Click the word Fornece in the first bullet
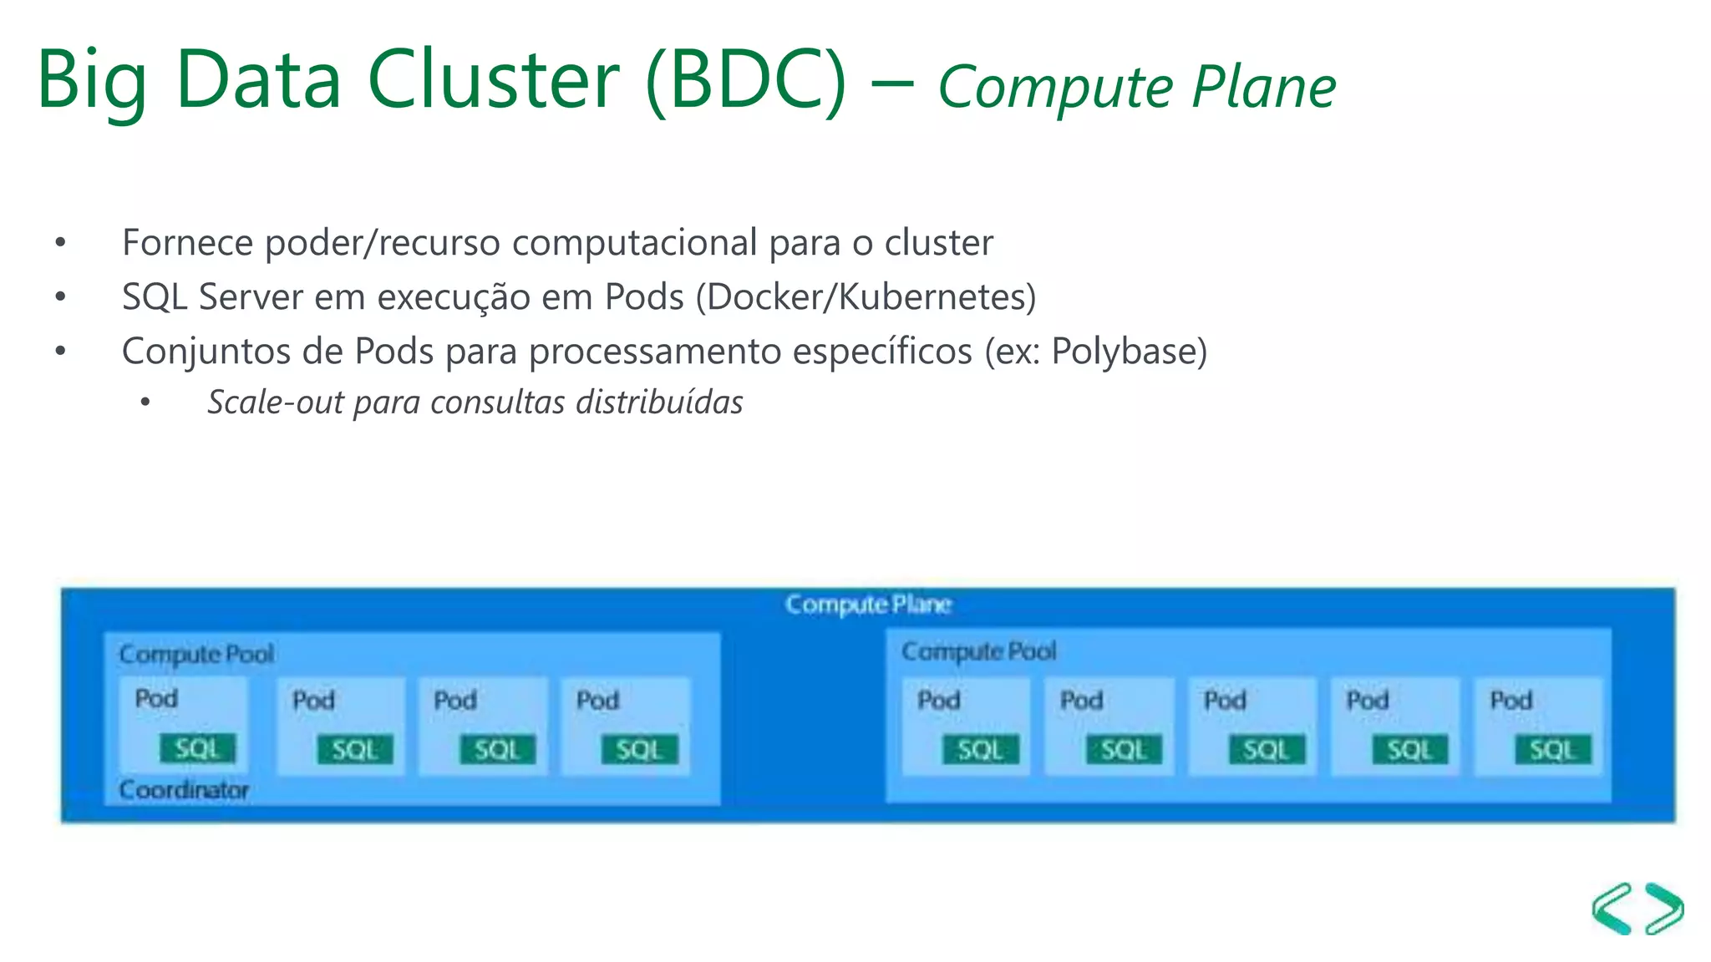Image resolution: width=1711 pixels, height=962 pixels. (187, 243)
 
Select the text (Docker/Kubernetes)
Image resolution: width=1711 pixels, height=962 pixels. (866, 297)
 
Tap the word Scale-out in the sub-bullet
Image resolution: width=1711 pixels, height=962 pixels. (275, 403)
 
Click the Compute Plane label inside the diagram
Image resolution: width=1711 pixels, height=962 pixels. (868, 604)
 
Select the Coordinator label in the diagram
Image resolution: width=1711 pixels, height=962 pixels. (184, 789)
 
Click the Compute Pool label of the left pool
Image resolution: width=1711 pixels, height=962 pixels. (196, 654)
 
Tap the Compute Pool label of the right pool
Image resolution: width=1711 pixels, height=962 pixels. (978, 651)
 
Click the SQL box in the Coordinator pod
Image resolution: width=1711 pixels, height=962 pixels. (197, 748)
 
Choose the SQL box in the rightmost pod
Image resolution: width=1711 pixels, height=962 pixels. (1552, 750)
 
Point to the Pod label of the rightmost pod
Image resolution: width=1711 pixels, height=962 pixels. (1510, 700)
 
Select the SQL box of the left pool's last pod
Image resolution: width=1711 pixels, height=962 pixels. (639, 750)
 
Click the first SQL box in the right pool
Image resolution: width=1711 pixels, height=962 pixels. (980, 750)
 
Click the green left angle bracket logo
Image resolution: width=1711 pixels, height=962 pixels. (1612, 909)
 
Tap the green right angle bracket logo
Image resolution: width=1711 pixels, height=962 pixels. (1664, 909)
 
